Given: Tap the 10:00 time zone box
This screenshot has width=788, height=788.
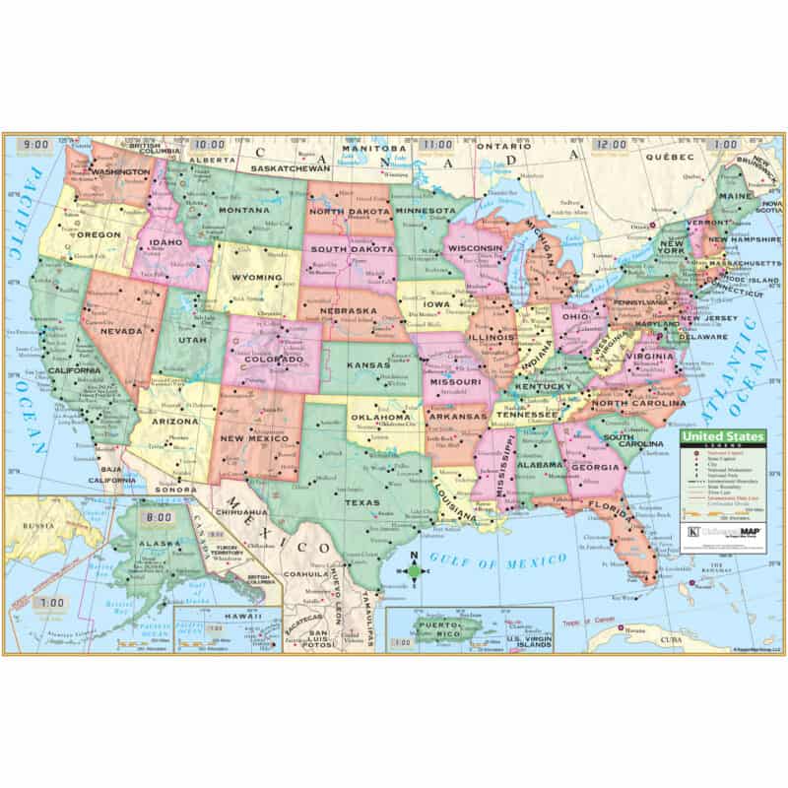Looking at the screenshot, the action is (x=207, y=144).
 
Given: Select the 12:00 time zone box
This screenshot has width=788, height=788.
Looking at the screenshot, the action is (x=610, y=145).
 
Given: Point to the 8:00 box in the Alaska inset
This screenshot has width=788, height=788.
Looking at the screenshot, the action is (x=157, y=516).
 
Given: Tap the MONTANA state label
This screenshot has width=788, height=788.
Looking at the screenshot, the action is (x=244, y=211).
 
